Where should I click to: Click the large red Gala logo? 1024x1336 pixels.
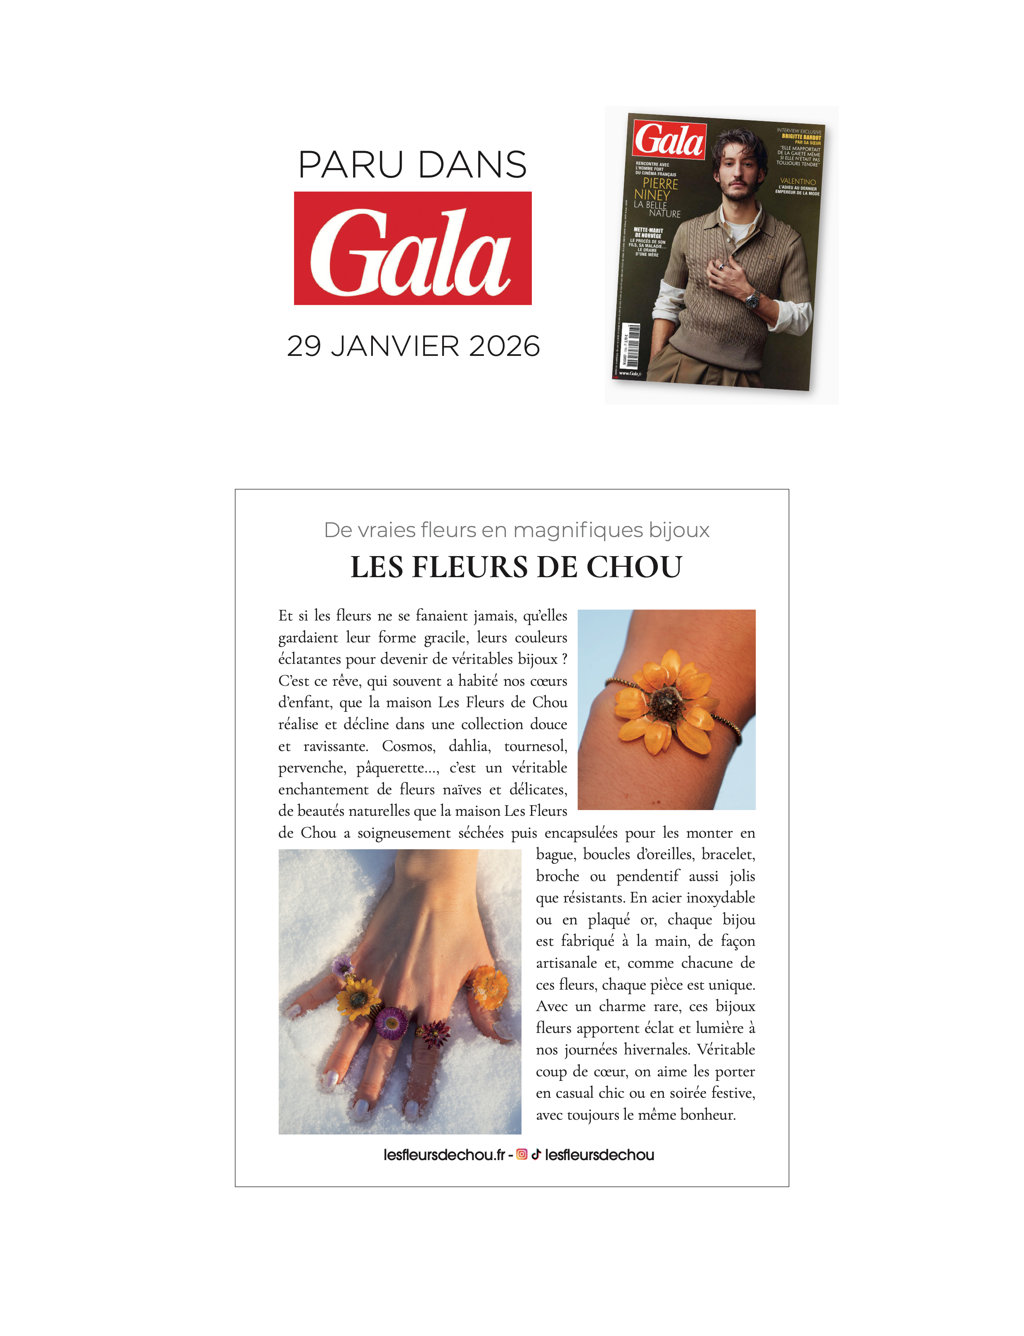(412, 248)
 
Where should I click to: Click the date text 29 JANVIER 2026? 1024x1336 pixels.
(413, 346)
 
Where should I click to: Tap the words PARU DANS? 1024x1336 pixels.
(412, 165)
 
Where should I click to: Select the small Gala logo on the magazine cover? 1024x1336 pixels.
(669, 140)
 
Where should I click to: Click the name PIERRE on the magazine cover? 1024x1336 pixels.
(660, 183)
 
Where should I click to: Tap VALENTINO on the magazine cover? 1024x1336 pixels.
(798, 182)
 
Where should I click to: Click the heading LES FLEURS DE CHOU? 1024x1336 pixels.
(516, 567)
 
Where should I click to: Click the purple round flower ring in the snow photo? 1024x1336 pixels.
(391, 1022)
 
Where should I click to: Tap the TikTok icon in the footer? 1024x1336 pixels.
(536, 1154)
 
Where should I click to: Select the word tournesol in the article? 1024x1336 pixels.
(535, 746)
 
